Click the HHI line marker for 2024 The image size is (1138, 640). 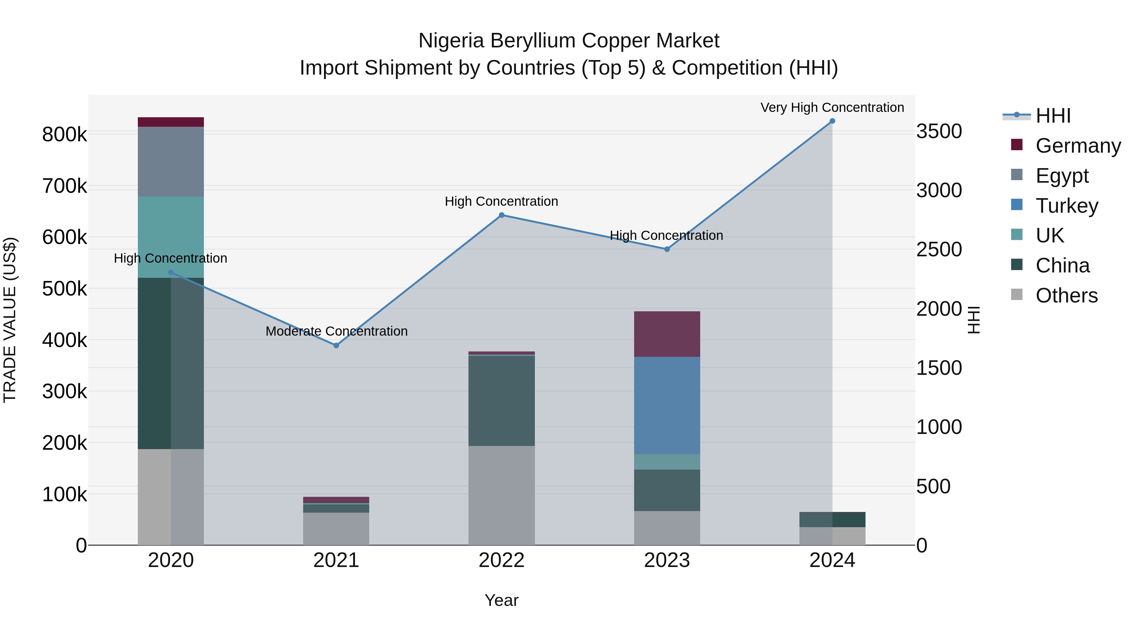[x=832, y=121]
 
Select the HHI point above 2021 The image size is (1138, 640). [x=336, y=345]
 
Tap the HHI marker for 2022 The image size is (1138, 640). [x=501, y=215]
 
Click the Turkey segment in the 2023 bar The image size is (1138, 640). [x=667, y=405]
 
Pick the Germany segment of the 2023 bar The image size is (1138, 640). [x=667, y=334]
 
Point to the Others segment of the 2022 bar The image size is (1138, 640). [x=501, y=495]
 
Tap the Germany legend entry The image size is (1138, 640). [x=1078, y=146]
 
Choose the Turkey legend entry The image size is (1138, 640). [x=1067, y=206]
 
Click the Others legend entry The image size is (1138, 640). [x=1067, y=296]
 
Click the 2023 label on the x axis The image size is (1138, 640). [x=667, y=560]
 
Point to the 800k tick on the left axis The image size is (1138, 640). [x=64, y=135]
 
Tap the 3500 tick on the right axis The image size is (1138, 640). [x=939, y=131]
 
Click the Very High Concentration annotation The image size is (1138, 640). [x=832, y=108]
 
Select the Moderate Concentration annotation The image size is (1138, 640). [x=336, y=331]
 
